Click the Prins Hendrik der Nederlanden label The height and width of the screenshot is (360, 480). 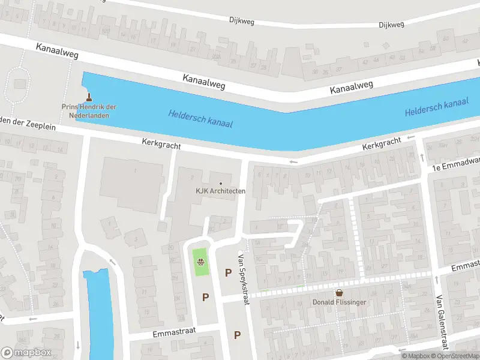coord(89,111)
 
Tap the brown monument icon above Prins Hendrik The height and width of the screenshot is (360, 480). coord(89,97)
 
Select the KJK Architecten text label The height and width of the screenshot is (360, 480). coord(220,191)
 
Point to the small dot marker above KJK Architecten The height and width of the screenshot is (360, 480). coord(221,183)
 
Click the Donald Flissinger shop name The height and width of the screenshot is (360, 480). coord(339,302)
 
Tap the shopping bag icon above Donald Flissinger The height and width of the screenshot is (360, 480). coord(339,293)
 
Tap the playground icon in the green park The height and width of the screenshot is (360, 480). coord(202,262)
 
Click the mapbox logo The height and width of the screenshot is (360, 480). coord(26,352)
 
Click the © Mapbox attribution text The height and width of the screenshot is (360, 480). coord(416,356)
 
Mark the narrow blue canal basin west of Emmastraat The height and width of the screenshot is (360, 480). coord(98,312)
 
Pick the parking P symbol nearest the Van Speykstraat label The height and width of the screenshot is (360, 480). coord(228,272)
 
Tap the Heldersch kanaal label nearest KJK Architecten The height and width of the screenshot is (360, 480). coord(200,118)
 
